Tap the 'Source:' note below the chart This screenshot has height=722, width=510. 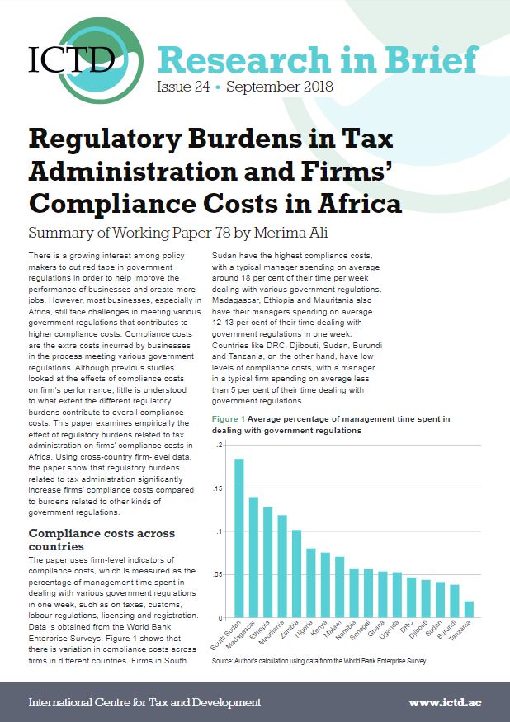click(224, 662)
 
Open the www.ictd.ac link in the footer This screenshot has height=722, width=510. click(450, 702)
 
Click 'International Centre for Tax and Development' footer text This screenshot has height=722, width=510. click(144, 702)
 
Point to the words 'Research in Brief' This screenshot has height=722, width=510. click(316, 59)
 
